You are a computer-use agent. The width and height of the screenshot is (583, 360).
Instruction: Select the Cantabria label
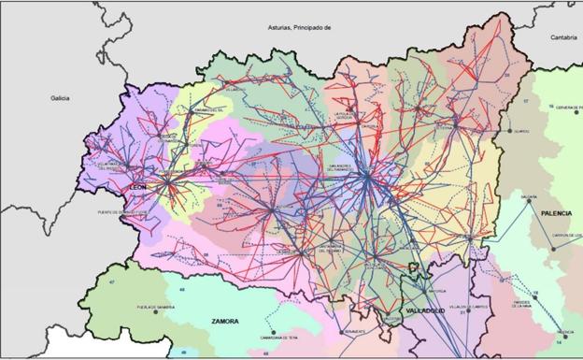(x=562, y=37)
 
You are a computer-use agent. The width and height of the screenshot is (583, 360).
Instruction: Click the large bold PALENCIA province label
(x=552, y=214)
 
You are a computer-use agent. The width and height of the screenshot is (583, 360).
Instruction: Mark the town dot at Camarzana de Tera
(x=274, y=333)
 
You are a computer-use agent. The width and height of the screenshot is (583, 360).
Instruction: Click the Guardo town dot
(x=511, y=131)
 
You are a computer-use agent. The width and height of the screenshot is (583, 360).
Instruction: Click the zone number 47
(x=111, y=281)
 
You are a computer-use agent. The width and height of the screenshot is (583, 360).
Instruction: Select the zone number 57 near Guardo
(x=525, y=100)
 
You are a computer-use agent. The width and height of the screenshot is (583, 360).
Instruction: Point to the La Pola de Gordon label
(x=346, y=117)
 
